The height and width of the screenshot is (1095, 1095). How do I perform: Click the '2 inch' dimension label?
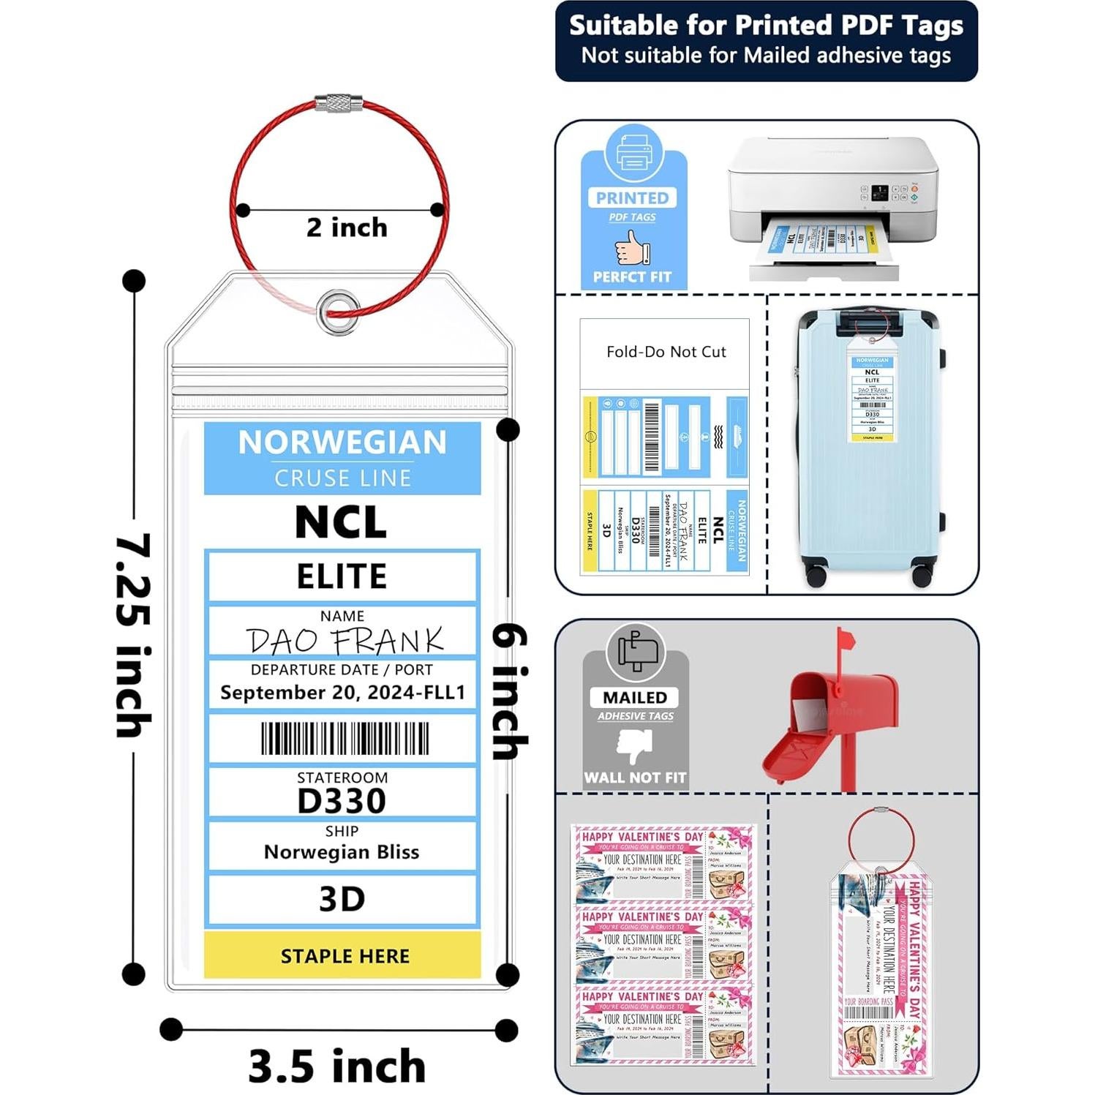[x=347, y=227]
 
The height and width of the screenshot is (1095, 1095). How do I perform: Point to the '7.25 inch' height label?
[x=134, y=634]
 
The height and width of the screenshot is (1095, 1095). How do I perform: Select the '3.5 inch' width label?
[x=337, y=1066]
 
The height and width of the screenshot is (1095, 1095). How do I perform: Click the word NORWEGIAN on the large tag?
[x=342, y=443]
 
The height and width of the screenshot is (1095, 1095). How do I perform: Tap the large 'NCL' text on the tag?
[x=341, y=522]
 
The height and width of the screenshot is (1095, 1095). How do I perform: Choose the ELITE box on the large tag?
[x=342, y=576]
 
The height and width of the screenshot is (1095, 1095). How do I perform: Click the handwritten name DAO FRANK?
[x=345, y=641]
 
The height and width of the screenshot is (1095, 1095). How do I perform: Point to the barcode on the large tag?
[x=345, y=739]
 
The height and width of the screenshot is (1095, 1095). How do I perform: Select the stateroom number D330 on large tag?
[x=342, y=801]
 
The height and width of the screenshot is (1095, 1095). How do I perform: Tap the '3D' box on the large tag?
[x=342, y=899]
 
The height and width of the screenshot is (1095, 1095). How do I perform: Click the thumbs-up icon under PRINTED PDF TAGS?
[x=632, y=247]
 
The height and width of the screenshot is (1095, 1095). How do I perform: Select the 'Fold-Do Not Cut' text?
[x=666, y=352]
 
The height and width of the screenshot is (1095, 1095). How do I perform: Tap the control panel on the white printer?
[x=887, y=193]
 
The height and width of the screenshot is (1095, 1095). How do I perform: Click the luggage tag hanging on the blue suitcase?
[x=872, y=398]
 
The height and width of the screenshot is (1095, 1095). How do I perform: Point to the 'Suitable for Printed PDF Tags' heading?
[x=766, y=26]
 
